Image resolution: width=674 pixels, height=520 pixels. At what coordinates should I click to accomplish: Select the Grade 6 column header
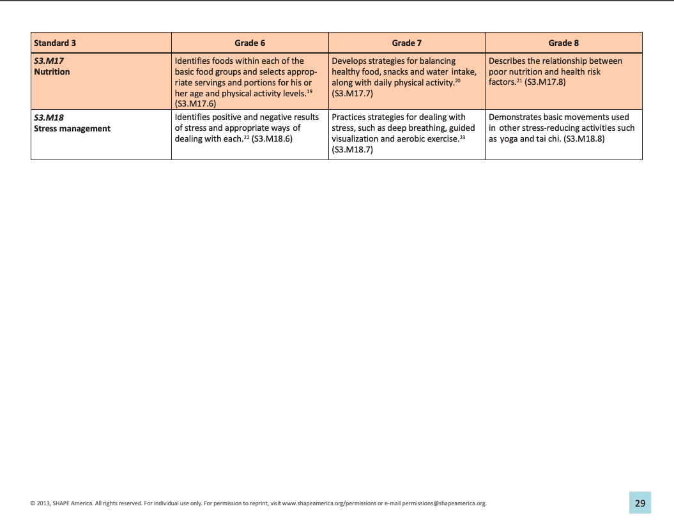coord(250,43)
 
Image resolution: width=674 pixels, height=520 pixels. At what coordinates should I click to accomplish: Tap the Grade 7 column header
coord(407,43)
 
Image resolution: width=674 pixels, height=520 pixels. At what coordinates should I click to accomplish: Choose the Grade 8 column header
coord(563,43)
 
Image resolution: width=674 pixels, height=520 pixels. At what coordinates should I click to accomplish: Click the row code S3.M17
coord(49,61)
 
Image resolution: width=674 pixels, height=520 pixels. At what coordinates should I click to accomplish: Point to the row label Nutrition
coord(52,71)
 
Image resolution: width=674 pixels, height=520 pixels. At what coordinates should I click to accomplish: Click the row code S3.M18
coord(49,117)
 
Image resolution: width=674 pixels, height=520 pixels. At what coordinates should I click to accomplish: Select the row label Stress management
coord(72,128)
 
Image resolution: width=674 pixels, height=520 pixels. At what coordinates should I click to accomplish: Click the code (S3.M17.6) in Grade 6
coord(195,103)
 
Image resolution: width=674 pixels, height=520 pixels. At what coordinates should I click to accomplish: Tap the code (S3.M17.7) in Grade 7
coord(353,93)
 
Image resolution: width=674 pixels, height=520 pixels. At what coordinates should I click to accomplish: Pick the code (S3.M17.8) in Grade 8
coord(545,82)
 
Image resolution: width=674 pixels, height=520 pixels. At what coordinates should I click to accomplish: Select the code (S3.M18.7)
coord(353,149)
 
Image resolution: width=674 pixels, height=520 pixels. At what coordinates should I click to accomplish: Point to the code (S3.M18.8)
coord(585,138)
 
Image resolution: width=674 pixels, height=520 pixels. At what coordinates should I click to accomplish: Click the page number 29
coord(640,503)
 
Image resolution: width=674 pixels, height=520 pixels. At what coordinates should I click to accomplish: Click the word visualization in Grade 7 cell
coord(354,138)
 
